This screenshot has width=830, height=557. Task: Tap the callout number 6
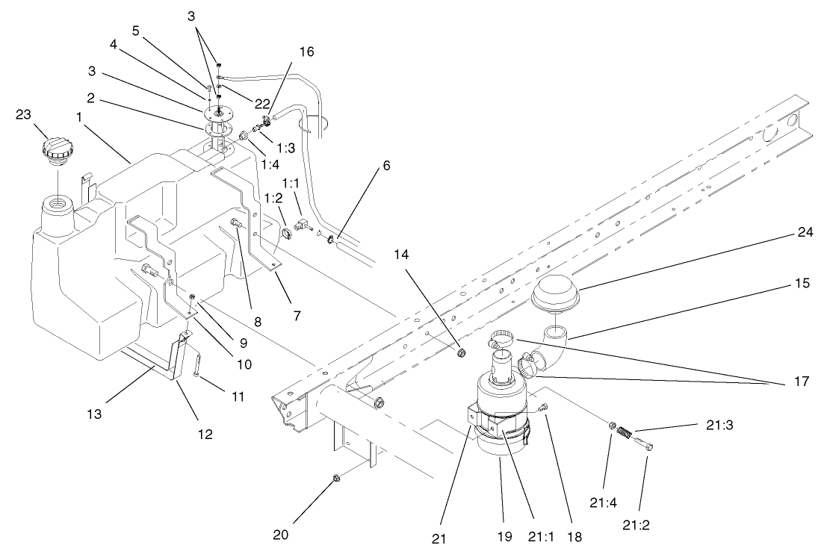[387, 167]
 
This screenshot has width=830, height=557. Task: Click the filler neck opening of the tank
[58, 203]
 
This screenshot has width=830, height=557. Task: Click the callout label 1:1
[291, 182]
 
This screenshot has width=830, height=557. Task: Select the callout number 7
[297, 316]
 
